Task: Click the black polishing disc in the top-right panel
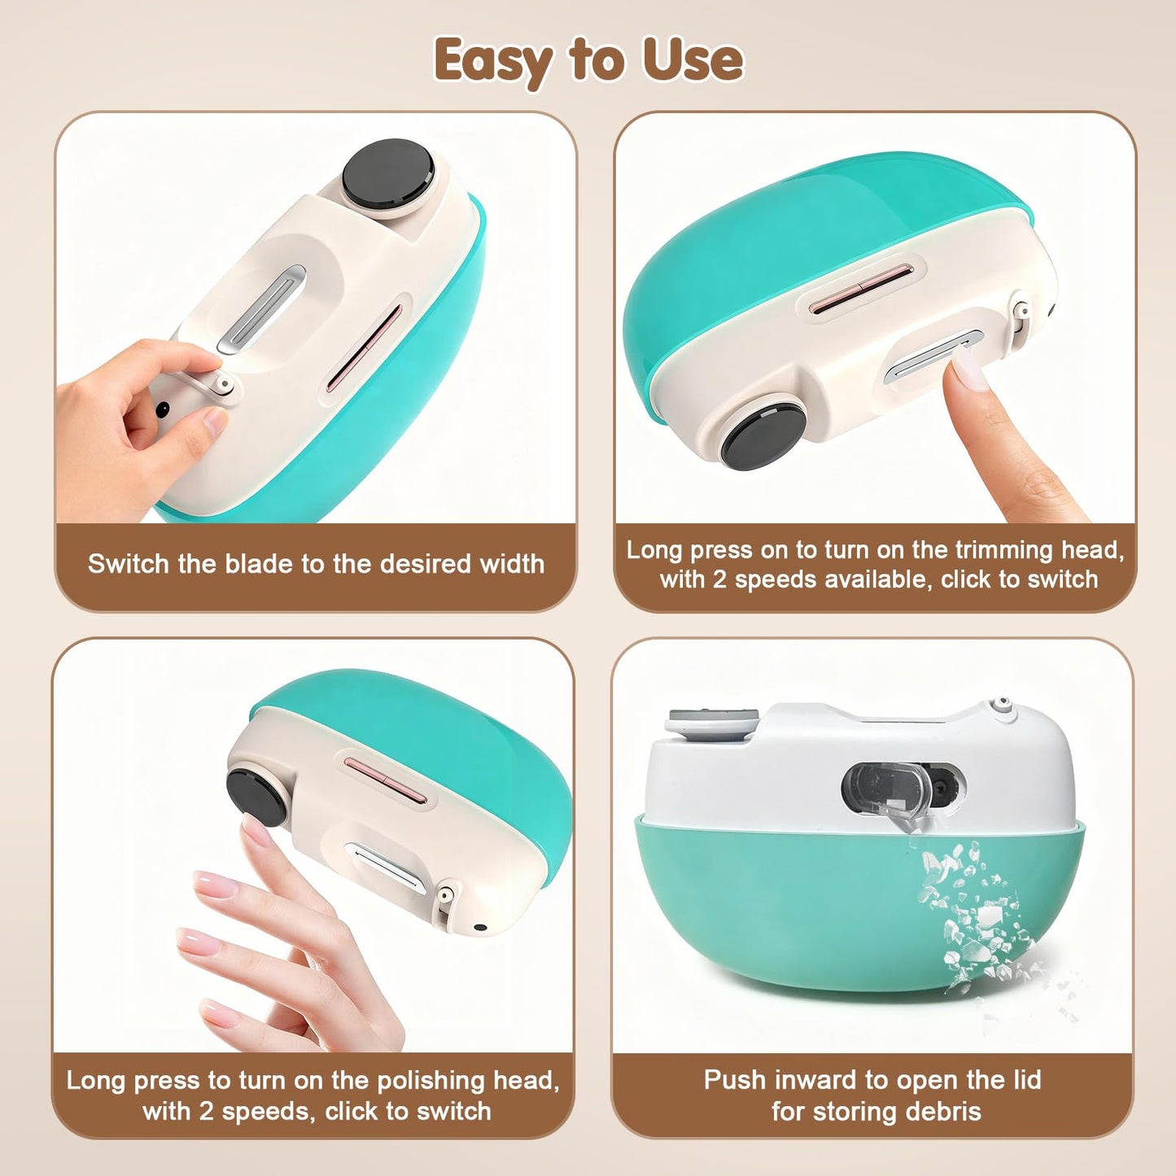(763, 431)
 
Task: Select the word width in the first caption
(510, 564)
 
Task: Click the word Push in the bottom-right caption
(735, 1080)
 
